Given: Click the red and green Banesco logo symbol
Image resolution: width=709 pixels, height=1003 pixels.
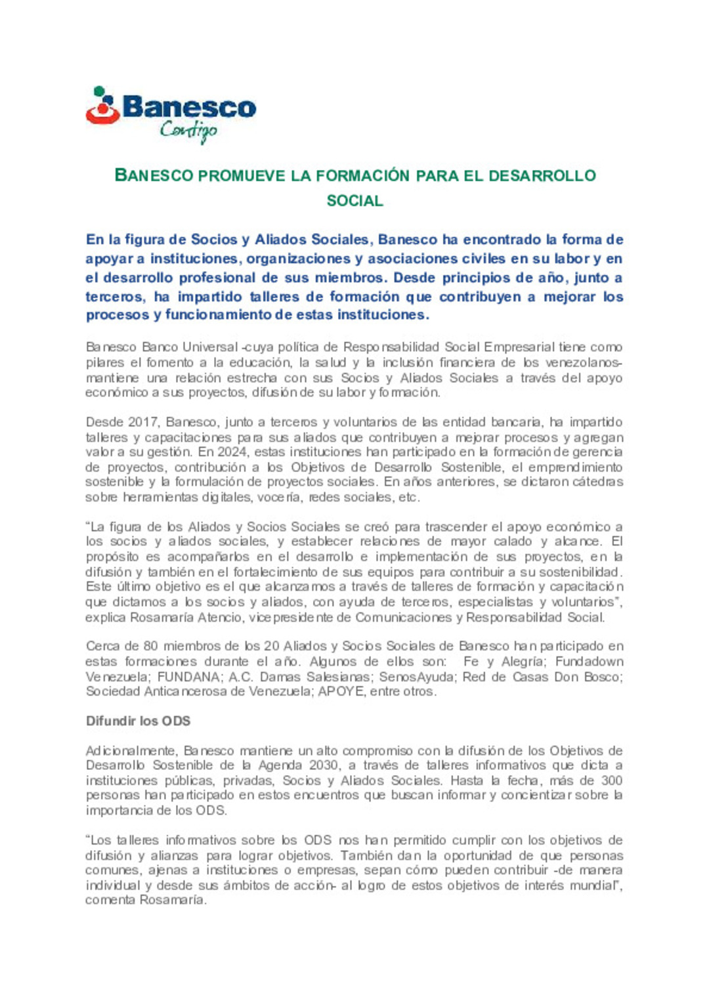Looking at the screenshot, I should [102, 106].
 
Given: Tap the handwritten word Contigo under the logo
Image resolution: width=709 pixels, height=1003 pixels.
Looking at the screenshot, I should [188, 131].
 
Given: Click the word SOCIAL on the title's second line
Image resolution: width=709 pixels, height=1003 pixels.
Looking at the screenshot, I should [354, 201].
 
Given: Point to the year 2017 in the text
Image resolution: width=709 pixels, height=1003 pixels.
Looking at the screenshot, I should [143, 422].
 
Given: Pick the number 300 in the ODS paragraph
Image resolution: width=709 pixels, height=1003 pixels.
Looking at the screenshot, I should [611, 780].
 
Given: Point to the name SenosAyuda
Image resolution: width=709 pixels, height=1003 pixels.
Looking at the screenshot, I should [417, 677].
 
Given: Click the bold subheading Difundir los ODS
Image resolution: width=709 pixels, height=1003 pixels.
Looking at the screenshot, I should [138, 721].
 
